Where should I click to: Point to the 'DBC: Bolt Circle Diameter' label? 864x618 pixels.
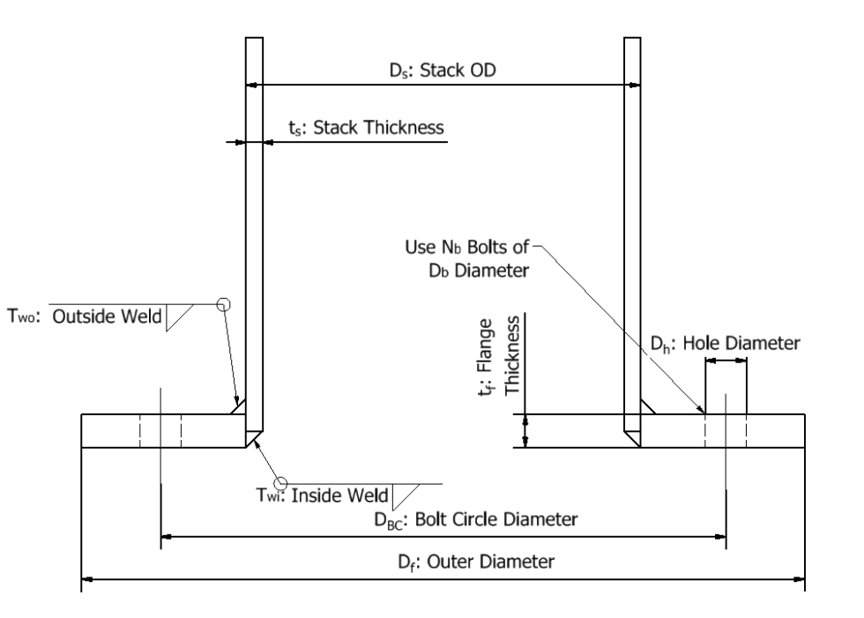476,519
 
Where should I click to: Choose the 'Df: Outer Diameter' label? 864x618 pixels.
487,562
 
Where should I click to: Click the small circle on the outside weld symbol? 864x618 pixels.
224,304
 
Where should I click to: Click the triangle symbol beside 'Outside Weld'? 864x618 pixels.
179,317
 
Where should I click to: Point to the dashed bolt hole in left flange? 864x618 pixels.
160,430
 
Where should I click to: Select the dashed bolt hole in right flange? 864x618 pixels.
725,430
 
